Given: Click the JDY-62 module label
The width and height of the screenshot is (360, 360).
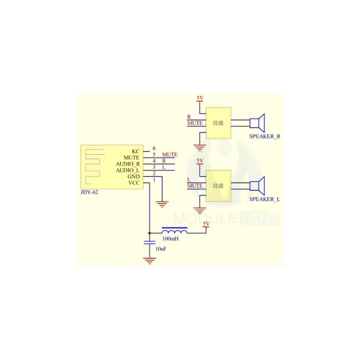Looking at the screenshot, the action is coord(88,192).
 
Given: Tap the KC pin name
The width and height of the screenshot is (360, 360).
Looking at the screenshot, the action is coord(136,151).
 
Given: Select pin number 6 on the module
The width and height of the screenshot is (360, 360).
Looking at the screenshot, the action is coord(154,148).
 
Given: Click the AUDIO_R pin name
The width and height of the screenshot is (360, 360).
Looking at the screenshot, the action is coord(127,164).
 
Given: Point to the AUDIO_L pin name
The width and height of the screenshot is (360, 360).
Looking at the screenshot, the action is coord(127,171).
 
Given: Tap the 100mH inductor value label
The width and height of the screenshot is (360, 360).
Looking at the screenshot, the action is coord(170,238).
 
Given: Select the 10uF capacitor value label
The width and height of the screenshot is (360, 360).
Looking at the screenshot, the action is coord(161,248).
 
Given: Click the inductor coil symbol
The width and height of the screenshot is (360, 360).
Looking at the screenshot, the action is coord(175,230).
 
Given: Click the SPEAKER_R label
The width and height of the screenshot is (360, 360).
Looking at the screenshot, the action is coord(265,136).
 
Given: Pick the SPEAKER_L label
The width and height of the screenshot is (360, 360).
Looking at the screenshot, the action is coord(264,198).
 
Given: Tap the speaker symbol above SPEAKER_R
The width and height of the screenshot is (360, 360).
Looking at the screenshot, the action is coord(258,122).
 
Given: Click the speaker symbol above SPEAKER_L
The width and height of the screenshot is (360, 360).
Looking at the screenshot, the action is coord(258,185).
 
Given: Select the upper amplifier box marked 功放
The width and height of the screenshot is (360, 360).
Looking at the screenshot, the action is coord(218,123).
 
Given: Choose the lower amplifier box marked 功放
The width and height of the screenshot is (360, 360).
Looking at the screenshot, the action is coord(218,185).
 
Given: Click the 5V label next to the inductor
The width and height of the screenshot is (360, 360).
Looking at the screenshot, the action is coord(207,224).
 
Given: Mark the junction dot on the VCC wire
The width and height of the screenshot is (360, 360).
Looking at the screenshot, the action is coord(149,233).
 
